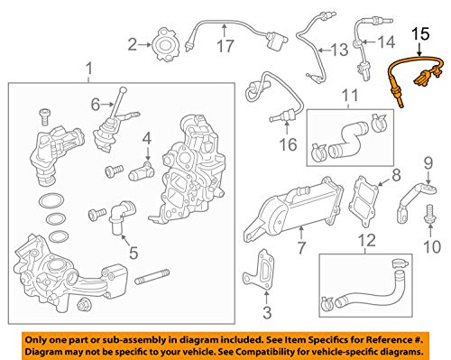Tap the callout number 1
pos(87,69)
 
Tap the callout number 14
pos(385,42)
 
